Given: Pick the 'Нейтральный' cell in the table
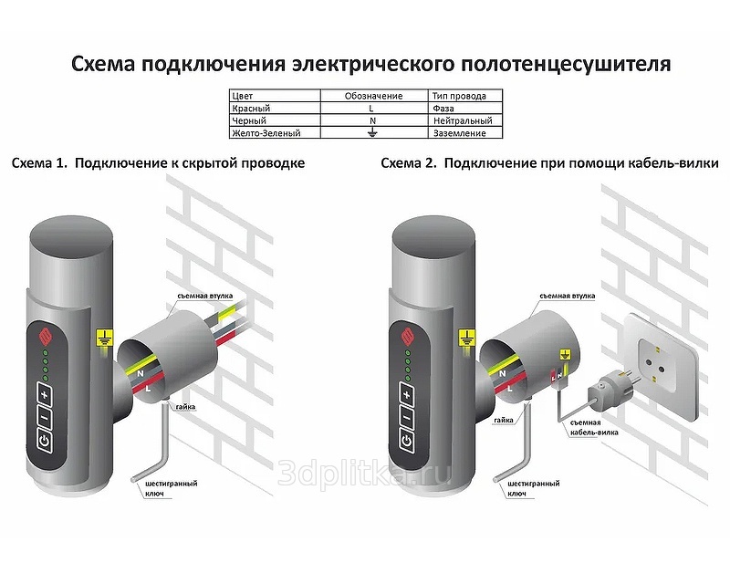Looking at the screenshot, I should (x=463, y=120).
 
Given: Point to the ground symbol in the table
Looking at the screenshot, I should (x=370, y=133).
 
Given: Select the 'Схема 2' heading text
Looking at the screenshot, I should (x=407, y=163).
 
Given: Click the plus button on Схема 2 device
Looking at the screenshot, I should (x=406, y=393).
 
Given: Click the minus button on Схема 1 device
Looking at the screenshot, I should (x=43, y=418).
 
